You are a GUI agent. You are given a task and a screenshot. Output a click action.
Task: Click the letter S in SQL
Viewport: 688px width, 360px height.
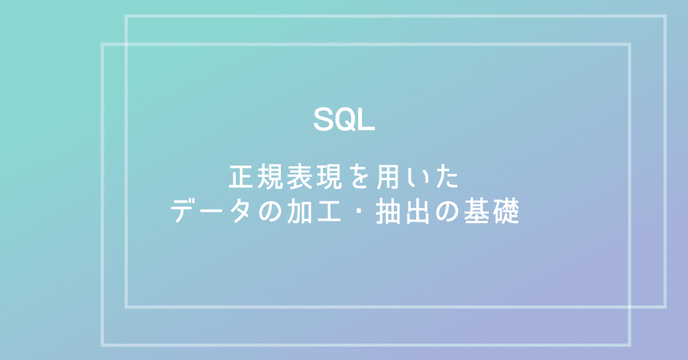[x=324, y=120]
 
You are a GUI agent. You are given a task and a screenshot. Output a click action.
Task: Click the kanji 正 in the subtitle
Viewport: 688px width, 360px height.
[x=241, y=178]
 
